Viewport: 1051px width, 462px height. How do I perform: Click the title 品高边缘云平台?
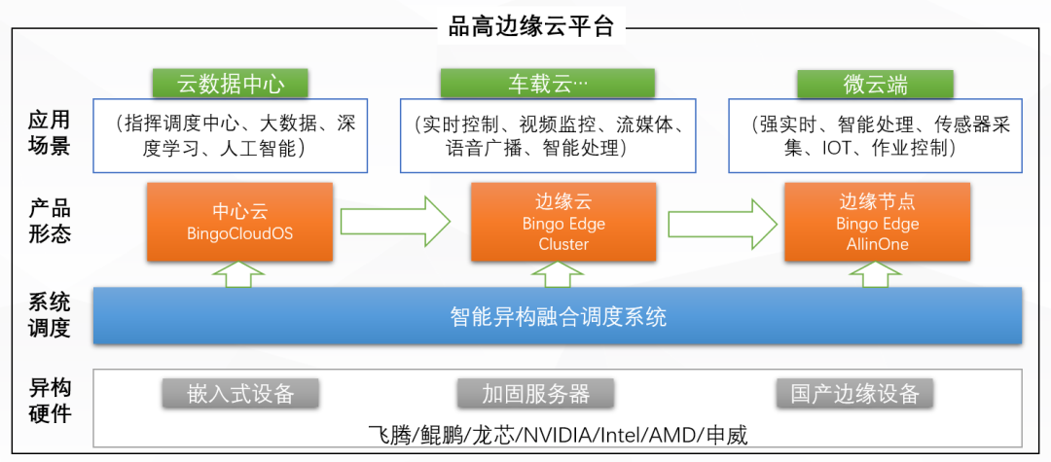pos(531,27)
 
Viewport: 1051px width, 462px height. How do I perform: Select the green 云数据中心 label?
pos(231,84)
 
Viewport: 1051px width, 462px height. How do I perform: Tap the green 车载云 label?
pos(548,84)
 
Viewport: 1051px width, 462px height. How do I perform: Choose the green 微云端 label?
pos(876,84)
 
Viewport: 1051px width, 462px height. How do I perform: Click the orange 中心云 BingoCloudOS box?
pos(240,222)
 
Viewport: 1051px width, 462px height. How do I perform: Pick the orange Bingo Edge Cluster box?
pos(563,222)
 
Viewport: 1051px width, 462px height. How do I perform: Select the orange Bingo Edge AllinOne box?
pos(877,222)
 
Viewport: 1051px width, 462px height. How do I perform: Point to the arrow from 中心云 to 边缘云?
pos(395,221)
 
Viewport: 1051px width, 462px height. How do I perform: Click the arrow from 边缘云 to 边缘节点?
pos(721,221)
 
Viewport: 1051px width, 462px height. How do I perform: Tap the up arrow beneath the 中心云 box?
pos(238,274)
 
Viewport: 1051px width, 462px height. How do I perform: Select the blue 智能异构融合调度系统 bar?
pos(558,316)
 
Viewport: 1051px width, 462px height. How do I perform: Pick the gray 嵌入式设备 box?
pos(240,394)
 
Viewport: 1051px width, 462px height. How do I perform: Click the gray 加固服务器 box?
pos(535,394)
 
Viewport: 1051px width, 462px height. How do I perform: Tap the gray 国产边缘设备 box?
pos(854,394)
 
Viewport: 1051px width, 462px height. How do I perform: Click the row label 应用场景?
pos(49,133)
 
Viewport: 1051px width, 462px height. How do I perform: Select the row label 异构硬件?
pos(49,401)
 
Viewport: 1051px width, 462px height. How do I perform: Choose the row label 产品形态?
pos(49,222)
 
